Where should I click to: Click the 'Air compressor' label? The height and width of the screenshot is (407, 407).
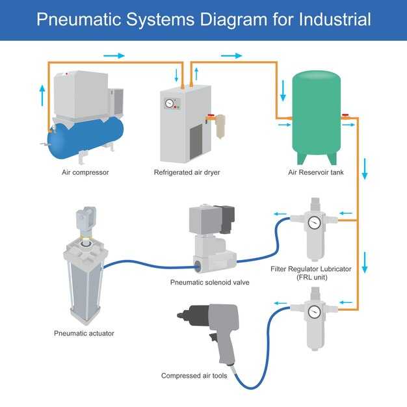(x=85, y=173)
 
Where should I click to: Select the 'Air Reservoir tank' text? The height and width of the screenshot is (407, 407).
(x=317, y=173)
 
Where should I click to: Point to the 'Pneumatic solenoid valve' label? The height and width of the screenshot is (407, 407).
(x=209, y=283)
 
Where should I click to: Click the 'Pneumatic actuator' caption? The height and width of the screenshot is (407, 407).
(x=84, y=334)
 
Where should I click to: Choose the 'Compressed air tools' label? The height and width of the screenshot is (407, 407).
(x=194, y=376)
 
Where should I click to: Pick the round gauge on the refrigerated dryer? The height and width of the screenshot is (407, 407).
(x=170, y=103)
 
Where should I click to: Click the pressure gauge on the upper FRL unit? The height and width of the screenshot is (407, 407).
(x=315, y=223)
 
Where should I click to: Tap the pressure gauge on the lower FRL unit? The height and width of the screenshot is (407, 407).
(x=315, y=311)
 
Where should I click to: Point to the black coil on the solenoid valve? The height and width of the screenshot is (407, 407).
(x=226, y=218)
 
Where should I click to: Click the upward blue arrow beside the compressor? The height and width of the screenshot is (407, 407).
(x=44, y=96)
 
